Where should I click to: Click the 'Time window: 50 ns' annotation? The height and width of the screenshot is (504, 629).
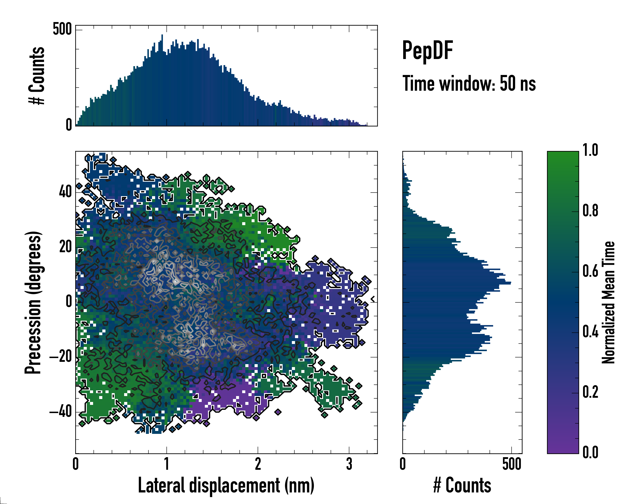tap(469, 84)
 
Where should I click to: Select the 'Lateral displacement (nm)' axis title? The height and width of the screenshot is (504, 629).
tap(226, 485)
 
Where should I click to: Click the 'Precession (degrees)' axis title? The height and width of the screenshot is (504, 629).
tap(33, 302)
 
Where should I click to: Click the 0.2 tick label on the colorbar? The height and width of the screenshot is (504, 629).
tap(590, 392)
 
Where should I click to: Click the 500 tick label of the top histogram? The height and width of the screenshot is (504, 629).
tap(62, 29)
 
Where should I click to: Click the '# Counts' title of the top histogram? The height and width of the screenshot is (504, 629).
tap(37, 76)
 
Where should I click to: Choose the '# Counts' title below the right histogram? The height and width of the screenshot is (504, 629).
tap(462, 485)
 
